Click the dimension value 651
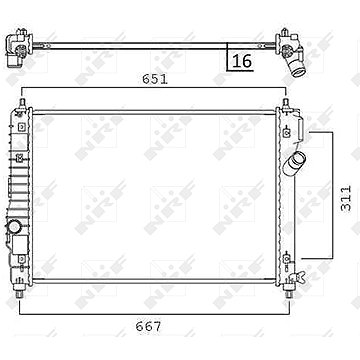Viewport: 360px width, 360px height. pyautogui.click(x=155, y=79)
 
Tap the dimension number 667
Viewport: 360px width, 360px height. pyautogui.click(x=148, y=327)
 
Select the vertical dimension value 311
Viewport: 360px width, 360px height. pyautogui.click(x=346, y=198)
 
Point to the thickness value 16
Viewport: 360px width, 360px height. pyautogui.click(x=242, y=61)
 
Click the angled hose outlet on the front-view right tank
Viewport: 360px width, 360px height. pyautogui.click(x=295, y=162)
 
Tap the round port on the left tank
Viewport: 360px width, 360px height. pyautogui.click(x=14, y=228)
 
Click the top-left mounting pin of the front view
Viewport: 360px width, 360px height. pyautogui.click(x=23, y=103)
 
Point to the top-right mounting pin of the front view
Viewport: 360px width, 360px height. pyautogui.click(x=285, y=103)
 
